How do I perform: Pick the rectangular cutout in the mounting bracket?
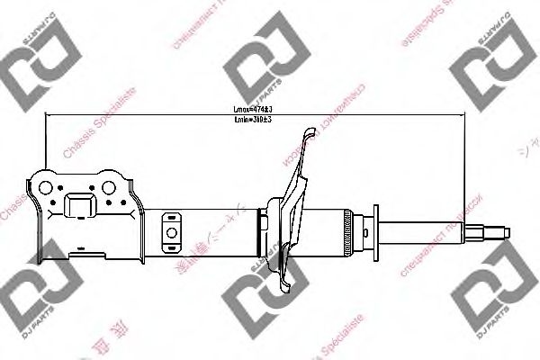79,205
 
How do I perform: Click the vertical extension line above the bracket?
45,144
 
